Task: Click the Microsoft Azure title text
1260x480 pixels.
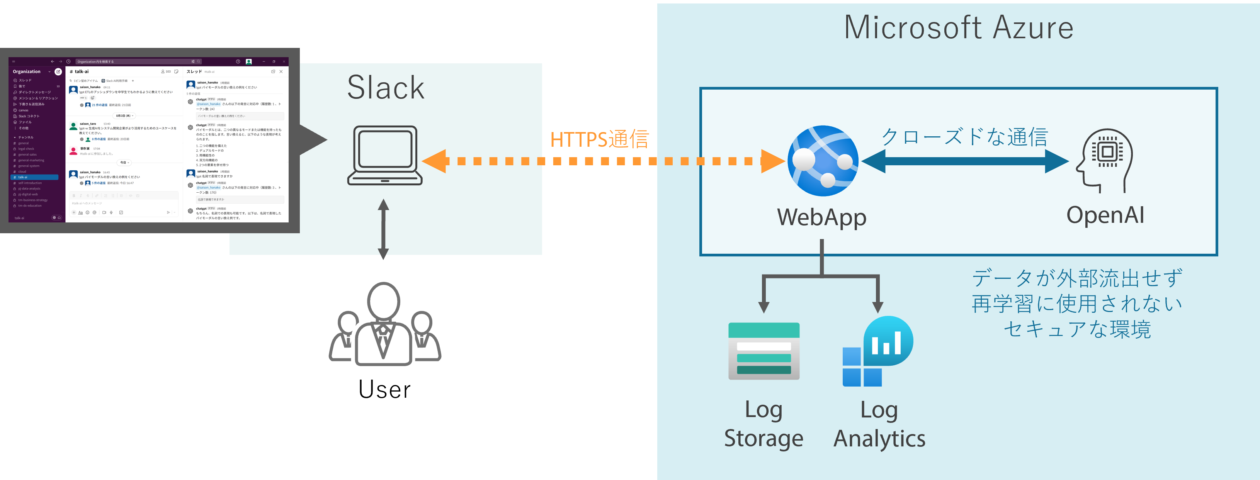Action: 958,28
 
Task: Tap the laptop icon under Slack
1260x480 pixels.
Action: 384,156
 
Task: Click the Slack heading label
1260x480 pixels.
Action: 386,88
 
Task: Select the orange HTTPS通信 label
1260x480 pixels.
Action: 599,139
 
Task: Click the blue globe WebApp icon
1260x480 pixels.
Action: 823,161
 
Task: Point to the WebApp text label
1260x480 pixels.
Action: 822,217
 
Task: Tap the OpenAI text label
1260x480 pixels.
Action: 1105,215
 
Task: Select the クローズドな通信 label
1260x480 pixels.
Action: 964,137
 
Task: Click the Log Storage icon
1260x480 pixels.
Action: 763,351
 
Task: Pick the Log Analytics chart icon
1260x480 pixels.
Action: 877,351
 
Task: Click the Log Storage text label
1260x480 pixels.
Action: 763,424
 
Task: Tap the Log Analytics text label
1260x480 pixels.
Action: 879,424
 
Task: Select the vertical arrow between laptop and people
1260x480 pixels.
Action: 383,229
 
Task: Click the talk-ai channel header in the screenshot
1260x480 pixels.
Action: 81,71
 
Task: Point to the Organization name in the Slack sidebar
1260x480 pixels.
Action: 27,71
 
